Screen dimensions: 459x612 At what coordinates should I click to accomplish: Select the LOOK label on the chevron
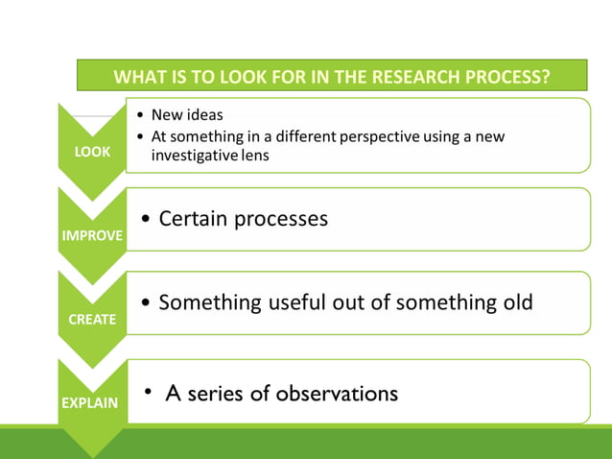(92, 152)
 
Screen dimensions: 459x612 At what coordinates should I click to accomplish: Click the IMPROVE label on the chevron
(92, 235)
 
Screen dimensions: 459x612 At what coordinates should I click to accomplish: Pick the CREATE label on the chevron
(92, 319)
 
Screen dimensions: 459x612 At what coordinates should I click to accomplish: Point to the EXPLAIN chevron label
(90, 402)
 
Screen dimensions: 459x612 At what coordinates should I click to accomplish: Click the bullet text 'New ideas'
(187, 115)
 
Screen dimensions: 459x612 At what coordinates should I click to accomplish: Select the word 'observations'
(337, 393)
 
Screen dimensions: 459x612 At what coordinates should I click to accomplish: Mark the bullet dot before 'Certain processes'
(144, 220)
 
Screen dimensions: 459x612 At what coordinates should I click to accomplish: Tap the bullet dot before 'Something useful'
(144, 303)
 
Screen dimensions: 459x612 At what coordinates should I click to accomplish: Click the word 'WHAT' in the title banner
(136, 77)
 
